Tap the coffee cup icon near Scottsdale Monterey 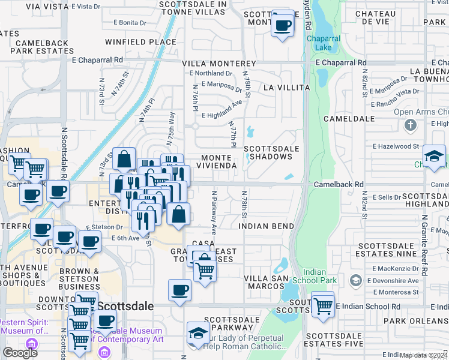pos(283,25)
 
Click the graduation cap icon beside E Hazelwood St pos(434,157)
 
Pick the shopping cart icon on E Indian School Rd pos(323,305)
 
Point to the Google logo pos(20,353)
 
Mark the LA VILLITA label pos(285,88)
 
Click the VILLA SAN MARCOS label pos(264,282)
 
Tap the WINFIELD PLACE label pos(141,43)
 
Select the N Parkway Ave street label pos(213,212)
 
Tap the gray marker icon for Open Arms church pos(411,125)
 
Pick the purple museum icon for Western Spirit pos(31,344)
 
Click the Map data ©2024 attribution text pos(424,355)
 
